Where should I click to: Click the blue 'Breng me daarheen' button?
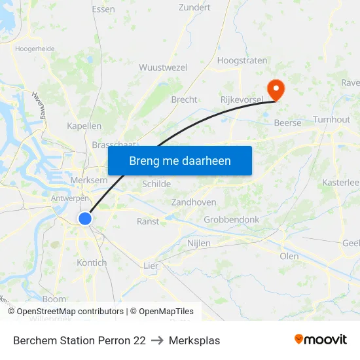[x=180, y=160]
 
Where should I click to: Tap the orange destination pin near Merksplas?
[x=276, y=90]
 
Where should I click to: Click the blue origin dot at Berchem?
[x=85, y=219]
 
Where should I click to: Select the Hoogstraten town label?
[x=242, y=60]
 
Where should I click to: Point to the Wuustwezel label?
[x=163, y=67]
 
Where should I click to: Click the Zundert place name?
[x=194, y=8]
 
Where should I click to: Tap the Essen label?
[x=103, y=9]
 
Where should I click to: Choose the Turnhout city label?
[x=331, y=120]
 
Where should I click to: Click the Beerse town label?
[x=287, y=123]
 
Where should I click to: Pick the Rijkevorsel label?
[x=242, y=99]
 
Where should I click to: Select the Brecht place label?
[x=184, y=99]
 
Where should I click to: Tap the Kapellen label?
[x=84, y=126]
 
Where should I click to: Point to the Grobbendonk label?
[x=232, y=220]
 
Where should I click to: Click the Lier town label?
[x=151, y=266]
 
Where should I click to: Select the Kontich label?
[x=92, y=262]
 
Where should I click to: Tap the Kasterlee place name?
[x=340, y=183]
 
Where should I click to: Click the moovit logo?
[x=320, y=339]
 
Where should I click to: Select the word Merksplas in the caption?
[x=194, y=340]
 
